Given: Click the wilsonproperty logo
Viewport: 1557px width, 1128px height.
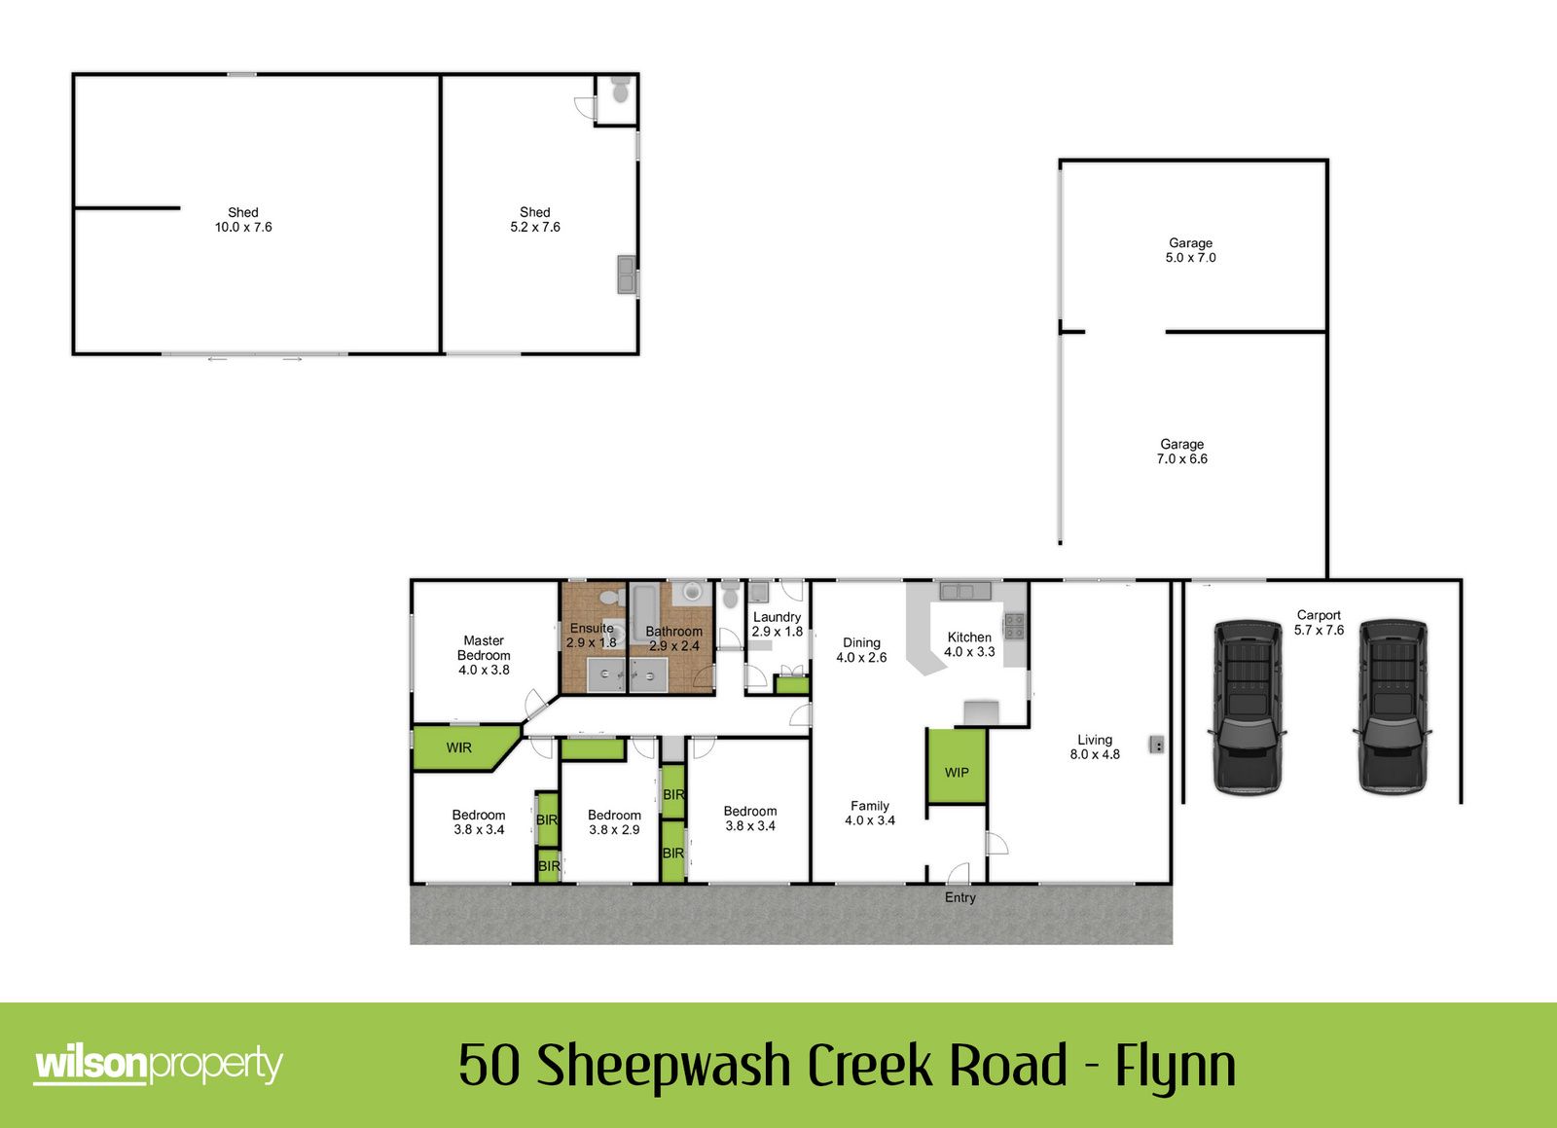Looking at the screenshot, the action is (159, 1064).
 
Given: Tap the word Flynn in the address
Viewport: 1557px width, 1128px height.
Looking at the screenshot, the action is (1176, 1067).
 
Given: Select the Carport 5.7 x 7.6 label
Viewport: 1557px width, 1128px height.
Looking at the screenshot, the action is (1319, 623).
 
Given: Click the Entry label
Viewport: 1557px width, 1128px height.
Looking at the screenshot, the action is (960, 897).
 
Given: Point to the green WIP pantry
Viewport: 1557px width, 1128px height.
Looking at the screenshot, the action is (957, 766).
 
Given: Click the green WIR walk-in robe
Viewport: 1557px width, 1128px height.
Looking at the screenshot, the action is (462, 747).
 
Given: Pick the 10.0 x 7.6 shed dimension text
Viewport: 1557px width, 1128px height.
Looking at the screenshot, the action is (243, 228).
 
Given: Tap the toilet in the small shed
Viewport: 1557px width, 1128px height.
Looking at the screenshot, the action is (620, 90).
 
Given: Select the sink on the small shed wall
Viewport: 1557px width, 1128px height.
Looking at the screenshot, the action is (627, 273).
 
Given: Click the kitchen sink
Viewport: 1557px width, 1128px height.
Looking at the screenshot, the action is (964, 592).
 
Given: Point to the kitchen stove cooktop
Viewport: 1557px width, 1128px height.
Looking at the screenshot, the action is (1013, 626).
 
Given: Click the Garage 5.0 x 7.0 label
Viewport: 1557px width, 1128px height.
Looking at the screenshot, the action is (1191, 250).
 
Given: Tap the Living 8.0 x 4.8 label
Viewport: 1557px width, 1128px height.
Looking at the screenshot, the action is (1095, 747).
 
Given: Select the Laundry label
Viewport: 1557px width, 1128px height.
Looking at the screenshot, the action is (778, 617).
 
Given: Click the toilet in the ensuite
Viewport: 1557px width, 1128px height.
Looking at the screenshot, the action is (611, 597).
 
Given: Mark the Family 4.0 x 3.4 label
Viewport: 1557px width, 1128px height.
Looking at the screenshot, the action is (870, 814).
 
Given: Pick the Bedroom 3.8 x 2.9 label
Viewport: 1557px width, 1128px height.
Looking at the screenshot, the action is (614, 822).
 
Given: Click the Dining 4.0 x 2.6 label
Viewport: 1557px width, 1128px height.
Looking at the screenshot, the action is (861, 650).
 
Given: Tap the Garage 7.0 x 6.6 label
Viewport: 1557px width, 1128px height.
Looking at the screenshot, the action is (1181, 451).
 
